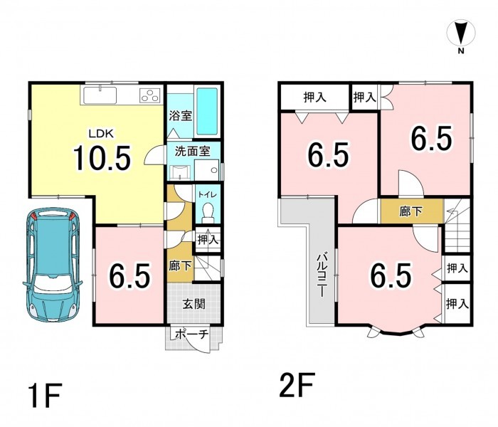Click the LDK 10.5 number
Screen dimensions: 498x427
(x=102, y=158)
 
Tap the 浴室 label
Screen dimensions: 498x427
(x=180, y=115)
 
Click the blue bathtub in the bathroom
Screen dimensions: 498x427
(x=207, y=111)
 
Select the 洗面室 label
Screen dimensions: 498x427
(x=193, y=151)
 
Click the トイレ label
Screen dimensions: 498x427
(x=208, y=194)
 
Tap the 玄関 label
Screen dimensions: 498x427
(x=194, y=304)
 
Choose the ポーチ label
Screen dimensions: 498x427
(x=192, y=334)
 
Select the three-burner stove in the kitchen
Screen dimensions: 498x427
(x=149, y=95)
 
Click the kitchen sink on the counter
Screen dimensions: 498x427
(x=100, y=95)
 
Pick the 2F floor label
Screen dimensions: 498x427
(x=297, y=385)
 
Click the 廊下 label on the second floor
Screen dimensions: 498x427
(x=411, y=211)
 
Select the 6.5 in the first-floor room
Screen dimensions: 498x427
(x=129, y=275)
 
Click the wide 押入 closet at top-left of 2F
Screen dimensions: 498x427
(x=314, y=97)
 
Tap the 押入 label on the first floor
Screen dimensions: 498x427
(x=208, y=240)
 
